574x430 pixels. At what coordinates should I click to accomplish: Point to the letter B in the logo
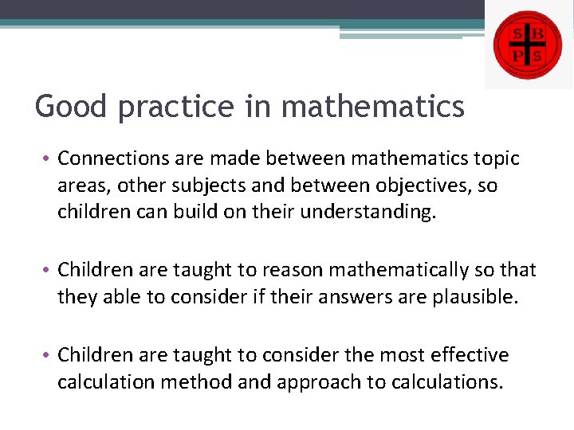538,33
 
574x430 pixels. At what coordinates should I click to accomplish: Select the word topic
496,159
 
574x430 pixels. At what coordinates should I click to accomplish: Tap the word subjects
198,186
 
